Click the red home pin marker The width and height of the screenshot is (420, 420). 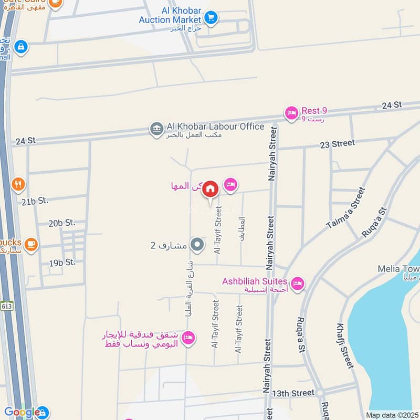[x=210, y=189]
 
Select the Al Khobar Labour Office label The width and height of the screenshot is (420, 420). [x=215, y=127]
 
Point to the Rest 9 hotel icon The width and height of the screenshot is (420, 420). [x=291, y=112]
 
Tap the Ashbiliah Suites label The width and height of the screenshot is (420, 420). [x=255, y=281]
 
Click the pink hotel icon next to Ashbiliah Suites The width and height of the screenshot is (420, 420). [x=298, y=284]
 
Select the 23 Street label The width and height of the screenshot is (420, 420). [x=337, y=143]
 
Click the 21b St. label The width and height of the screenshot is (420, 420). [x=35, y=201]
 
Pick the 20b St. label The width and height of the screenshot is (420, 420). [x=62, y=223]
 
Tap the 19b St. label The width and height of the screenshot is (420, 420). [x=62, y=262]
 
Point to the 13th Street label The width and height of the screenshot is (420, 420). [x=293, y=393]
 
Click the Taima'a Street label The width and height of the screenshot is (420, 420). [x=345, y=208]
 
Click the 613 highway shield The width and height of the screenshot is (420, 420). [x=6, y=307]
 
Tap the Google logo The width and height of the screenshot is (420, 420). [x=22, y=413]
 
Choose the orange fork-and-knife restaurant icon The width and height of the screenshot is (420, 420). [x=18, y=184]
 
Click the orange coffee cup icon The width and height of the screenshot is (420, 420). [x=31, y=245]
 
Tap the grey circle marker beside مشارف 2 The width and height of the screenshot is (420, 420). [x=197, y=244]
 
